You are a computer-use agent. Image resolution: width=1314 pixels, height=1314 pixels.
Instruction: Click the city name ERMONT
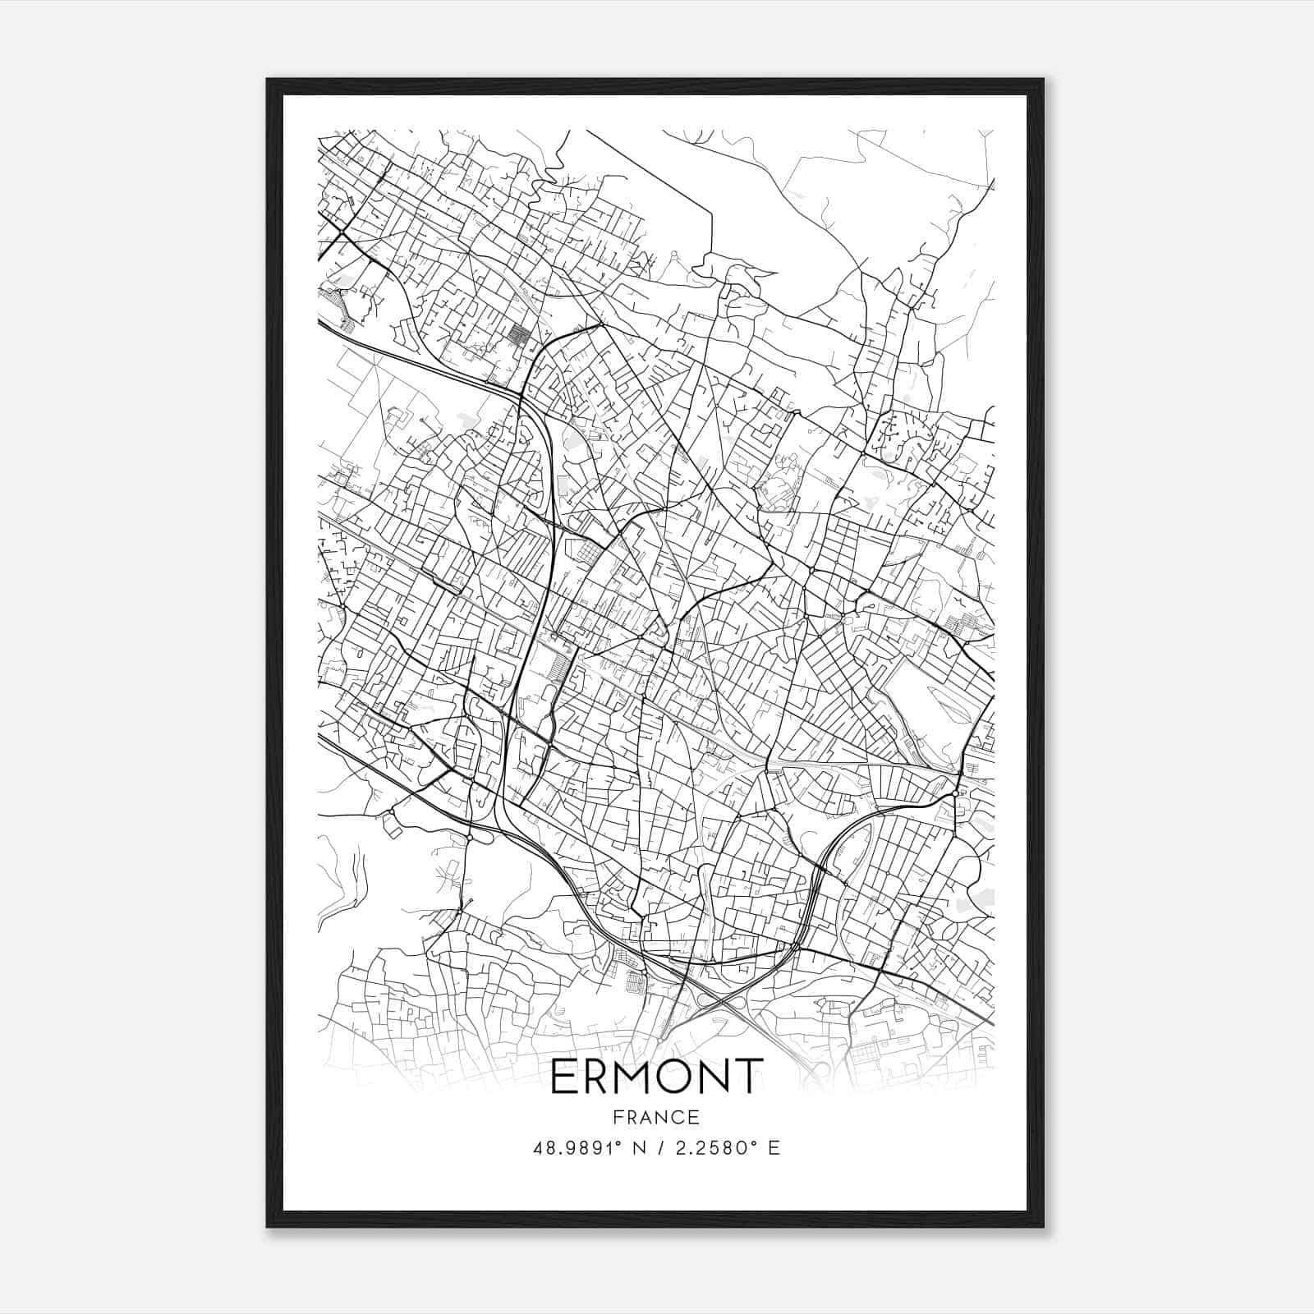pyautogui.click(x=657, y=1077)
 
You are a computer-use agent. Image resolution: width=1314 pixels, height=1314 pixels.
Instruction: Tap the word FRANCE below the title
pyautogui.click(x=657, y=1117)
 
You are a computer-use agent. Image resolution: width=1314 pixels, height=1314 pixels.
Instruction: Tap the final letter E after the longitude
pyautogui.click(x=774, y=1148)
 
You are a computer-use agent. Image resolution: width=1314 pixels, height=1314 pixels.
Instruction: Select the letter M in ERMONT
pyautogui.click(x=632, y=1077)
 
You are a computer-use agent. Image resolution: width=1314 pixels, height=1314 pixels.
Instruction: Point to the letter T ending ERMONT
pyautogui.click(x=747, y=1077)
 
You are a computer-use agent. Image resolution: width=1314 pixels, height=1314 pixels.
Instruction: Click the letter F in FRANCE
pyautogui.click(x=617, y=1117)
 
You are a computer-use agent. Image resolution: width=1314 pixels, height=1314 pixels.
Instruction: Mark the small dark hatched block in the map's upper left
pyautogui.click(x=519, y=334)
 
